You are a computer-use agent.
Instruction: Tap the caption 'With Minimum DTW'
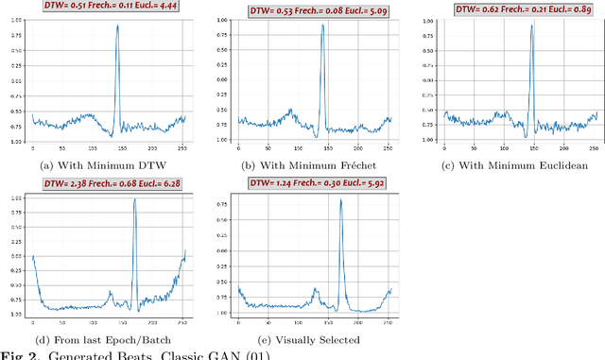pos(104,164)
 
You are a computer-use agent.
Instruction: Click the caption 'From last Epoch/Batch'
pos(104,340)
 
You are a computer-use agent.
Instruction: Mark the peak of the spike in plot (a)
pos(117,26)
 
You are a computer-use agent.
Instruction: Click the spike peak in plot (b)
pos(322,26)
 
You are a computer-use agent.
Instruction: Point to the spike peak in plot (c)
pos(531,26)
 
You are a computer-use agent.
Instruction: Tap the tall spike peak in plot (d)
pos(134,199)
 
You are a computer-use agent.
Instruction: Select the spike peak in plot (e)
pos(340,200)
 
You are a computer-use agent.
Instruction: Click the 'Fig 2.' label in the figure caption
pos(16,355)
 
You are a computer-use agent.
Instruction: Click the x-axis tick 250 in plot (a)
pos(182,147)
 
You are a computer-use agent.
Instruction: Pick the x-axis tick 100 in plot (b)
pos(298,147)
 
